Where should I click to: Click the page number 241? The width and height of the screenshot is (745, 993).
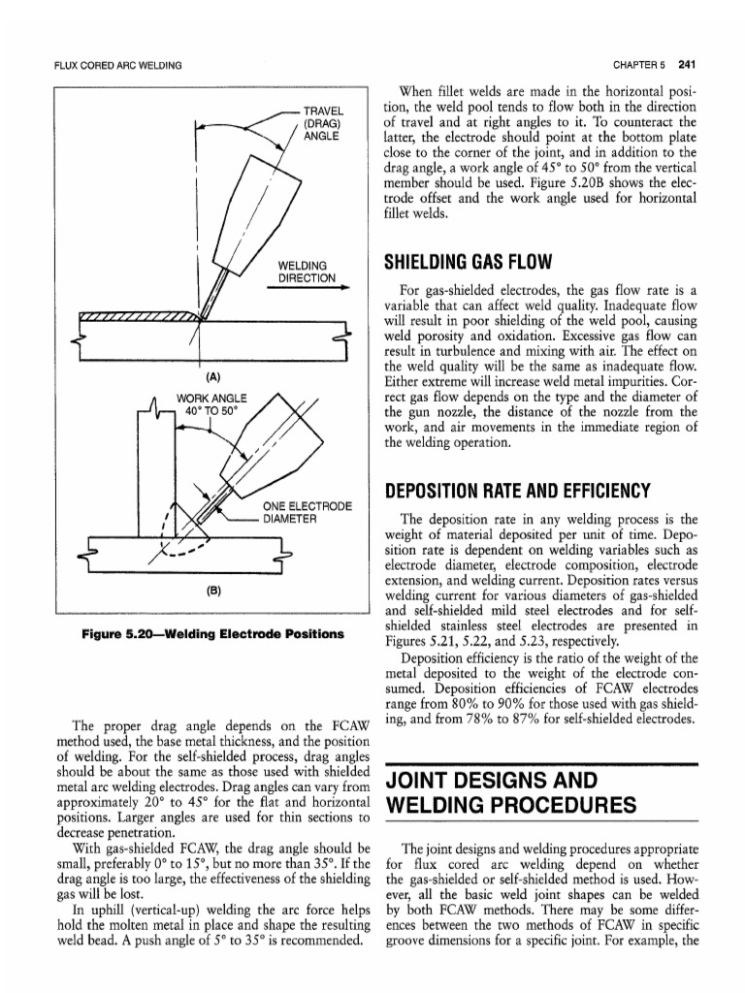click(x=689, y=65)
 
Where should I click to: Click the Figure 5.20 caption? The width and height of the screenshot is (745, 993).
click(x=213, y=634)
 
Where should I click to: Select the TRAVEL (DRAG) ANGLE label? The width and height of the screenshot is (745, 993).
click(x=321, y=124)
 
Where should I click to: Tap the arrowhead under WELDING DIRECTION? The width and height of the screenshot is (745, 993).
click(x=344, y=287)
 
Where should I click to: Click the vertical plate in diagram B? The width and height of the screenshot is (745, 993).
click(x=155, y=465)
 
